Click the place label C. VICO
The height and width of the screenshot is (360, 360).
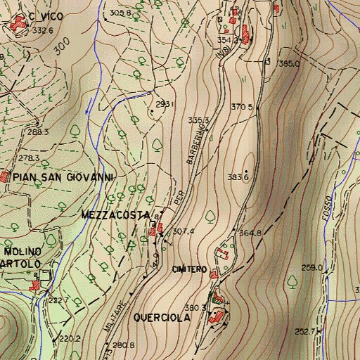[46, 15]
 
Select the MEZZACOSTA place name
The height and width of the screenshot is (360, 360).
[115, 214]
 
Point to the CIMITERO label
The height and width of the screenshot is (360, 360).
[189, 270]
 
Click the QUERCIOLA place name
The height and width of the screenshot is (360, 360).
[162, 318]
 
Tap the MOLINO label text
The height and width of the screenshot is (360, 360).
[22, 251]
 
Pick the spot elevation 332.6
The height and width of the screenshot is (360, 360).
[43, 30]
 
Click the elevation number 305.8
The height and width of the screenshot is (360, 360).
[120, 13]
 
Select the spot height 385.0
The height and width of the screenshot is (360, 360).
[289, 64]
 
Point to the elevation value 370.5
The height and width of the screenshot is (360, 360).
[241, 108]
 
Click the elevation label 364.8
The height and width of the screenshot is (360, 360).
[250, 233]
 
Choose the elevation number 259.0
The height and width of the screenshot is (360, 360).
[311, 267]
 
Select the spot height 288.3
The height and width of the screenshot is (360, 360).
[38, 132]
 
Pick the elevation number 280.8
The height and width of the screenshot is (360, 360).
[123, 345]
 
